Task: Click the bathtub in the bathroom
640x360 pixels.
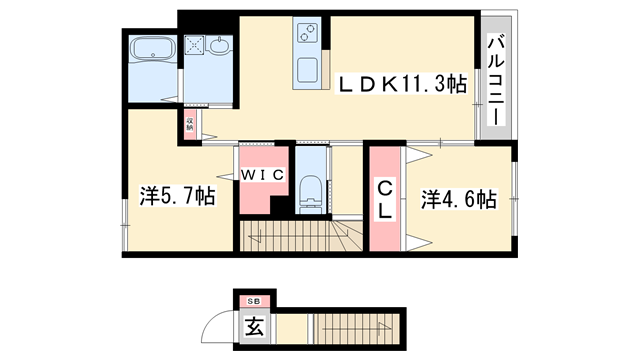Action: pos(154,47)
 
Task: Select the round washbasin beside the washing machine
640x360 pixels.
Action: pos(219,45)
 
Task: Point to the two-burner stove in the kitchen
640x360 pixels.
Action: pos(307,37)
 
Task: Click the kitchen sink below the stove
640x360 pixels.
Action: pos(307,70)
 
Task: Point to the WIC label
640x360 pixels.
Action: pos(263,174)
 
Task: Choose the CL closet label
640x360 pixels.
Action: pos(384,199)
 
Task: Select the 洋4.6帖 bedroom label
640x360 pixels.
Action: pos(458,200)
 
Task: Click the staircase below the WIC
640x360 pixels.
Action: pos(300,238)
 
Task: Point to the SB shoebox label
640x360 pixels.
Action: pos(253,300)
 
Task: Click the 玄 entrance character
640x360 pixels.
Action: pos(255,326)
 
